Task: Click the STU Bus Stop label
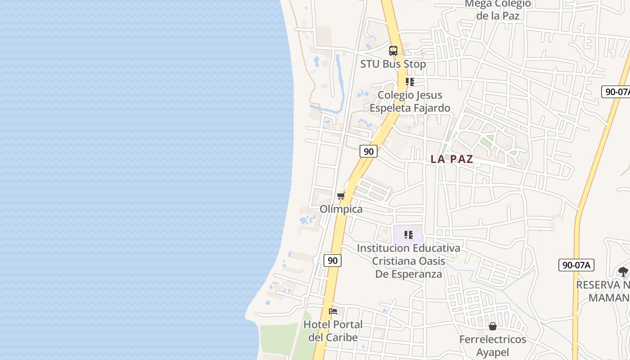point(393,64)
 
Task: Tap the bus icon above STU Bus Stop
point(393,51)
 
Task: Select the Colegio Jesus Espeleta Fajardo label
point(409,102)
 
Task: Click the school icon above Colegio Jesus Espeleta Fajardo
point(409,82)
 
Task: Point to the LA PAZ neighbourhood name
point(452,159)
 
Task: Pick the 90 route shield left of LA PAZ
point(369,151)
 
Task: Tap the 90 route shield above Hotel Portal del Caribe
point(332,260)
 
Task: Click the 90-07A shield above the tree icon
point(576,265)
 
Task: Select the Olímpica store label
point(341,209)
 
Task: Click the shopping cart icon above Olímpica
point(341,196)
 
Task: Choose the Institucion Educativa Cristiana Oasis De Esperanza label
point(409,261)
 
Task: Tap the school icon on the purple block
point(409,235)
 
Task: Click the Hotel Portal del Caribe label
point(333,331)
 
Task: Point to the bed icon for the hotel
point(333,311)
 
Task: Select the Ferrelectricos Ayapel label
point(493,346)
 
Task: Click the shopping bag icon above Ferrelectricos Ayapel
point(493,326)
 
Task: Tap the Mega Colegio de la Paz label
point(498,10)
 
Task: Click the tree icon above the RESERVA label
point(623,271)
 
